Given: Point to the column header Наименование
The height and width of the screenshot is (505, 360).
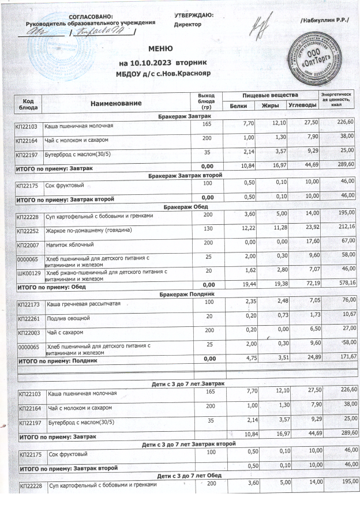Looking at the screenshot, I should tap(115, 102).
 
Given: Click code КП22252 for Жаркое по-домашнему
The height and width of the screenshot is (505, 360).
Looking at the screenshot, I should tap(28, 231).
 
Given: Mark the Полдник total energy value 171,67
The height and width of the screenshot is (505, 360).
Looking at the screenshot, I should tap(347, 358).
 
